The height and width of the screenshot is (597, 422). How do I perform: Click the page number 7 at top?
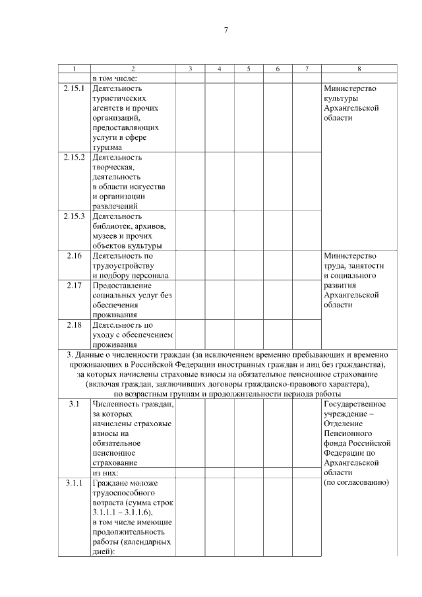point(226,30)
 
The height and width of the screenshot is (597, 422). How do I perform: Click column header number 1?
point(74,69)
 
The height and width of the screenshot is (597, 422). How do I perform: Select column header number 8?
point(359,69)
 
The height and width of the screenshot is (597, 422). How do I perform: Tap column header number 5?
point(249,69)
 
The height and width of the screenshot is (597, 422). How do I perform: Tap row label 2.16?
point(74,256)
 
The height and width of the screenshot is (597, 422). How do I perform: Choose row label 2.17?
point(74,286)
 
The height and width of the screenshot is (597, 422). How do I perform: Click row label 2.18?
point(74,325)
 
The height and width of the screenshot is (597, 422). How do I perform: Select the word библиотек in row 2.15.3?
point(119,226)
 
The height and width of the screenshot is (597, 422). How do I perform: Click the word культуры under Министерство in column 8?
point(342,98)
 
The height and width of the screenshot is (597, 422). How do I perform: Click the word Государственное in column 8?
point(355,404)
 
